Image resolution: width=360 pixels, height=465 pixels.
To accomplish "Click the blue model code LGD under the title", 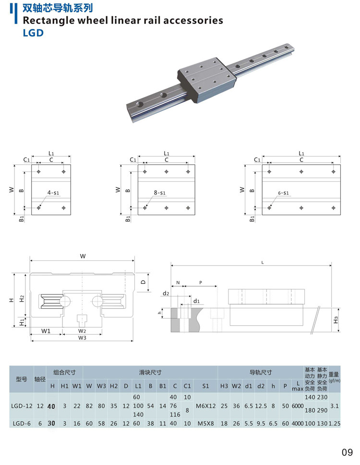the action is [33, 33].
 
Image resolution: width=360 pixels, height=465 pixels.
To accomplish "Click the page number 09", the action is [347, 452].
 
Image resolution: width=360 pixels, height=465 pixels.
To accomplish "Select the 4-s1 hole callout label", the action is [53, 193].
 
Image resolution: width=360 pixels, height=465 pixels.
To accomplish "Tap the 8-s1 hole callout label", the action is [159, 193].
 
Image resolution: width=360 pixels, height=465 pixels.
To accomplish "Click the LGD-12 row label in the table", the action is [22, 406].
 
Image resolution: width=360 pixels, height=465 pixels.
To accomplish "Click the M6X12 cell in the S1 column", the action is [206, 406].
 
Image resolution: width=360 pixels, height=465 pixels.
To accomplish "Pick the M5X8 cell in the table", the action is [205, 423].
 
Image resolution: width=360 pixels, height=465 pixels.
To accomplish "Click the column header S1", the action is [205, 386].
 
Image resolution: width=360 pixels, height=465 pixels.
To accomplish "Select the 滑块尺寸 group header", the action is [150, 372].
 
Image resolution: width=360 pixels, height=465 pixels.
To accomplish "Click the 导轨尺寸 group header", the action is [261, 372].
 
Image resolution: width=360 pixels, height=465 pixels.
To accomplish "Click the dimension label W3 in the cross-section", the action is [82, 338].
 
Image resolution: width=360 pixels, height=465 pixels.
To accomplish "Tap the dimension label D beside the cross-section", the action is [144, 282].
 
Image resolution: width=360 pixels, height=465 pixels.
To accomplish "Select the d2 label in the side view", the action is [166, 293].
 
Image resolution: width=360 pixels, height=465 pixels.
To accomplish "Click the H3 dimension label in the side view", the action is [336, 318].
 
